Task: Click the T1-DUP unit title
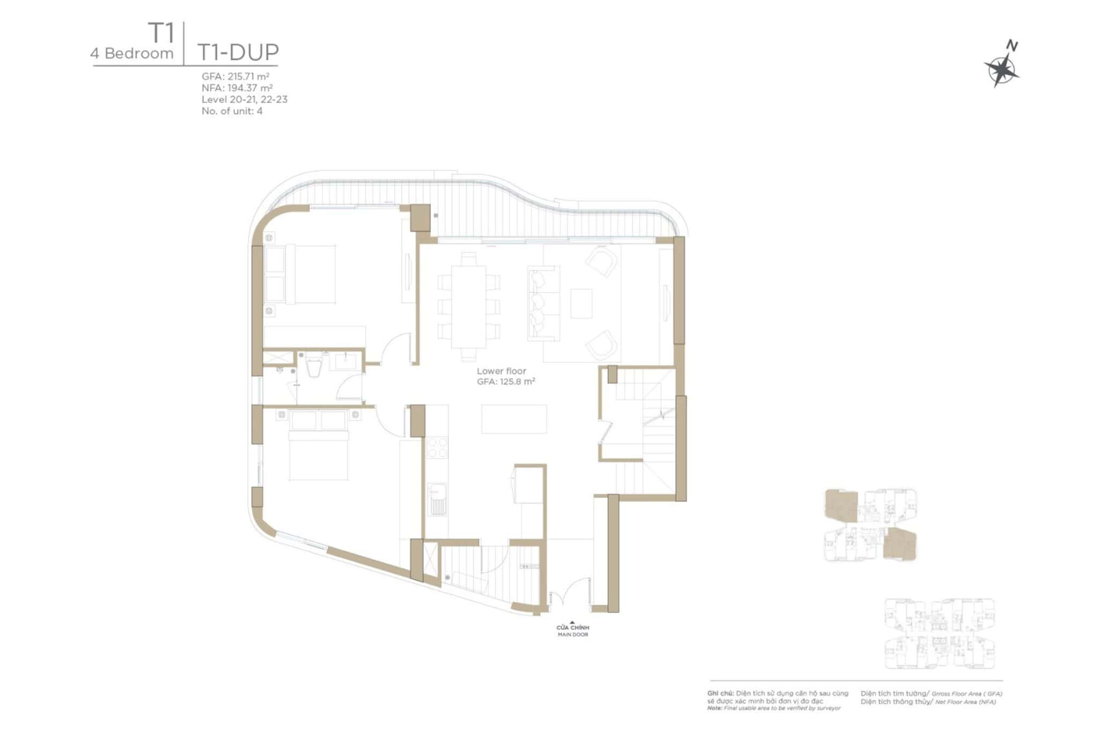pos(238,53)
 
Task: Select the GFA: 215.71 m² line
pos(235,76)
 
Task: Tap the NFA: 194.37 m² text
pos(237,87)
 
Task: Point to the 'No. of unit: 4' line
pos(232,111)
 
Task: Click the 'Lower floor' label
pos(501,371)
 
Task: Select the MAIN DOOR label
pos(573,634)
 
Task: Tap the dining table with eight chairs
pos(468,307)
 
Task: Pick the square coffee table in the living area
pos(581,303)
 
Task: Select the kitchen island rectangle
pos(514,419)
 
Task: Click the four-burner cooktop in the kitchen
pos(437,448)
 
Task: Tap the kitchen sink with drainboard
pos(437,499)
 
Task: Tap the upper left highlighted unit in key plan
pos(841,505)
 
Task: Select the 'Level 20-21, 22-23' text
pos(244,99)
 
